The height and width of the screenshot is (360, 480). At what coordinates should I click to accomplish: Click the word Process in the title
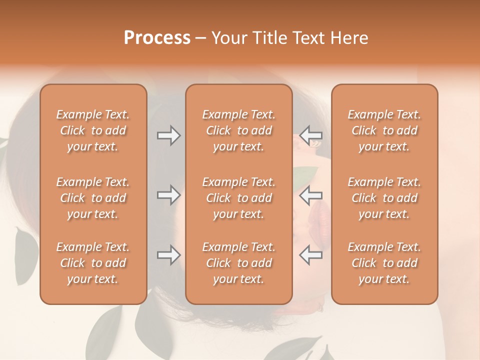coord(157,38)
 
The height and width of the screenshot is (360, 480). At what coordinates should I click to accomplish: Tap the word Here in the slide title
coord(348,38)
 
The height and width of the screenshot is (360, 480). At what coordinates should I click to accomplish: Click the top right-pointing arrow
coord(168,135)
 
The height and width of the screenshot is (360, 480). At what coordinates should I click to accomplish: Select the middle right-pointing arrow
coord(168,194)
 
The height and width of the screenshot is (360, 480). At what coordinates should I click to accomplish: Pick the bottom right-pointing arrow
coord(168,255)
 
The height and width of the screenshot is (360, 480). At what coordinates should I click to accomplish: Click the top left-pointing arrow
coord(310,135)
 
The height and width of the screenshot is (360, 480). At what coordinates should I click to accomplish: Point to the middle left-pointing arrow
coord(310,194)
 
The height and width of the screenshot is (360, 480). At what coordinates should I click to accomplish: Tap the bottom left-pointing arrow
coord(310,255)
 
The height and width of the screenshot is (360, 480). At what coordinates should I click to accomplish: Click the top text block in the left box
coord(93,130)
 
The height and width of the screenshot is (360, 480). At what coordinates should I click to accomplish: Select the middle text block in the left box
coord(93,198)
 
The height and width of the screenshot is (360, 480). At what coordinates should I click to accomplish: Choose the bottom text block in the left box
coord(93,263)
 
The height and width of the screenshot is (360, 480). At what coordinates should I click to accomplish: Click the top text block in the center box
coord(239,130)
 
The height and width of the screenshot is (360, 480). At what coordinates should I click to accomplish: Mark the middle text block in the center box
coord(239,198)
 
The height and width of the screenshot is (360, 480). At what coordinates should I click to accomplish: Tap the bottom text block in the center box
coord(239,263)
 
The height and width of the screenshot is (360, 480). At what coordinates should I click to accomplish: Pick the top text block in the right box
coord(384,130)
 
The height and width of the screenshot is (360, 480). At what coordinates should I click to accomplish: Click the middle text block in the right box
coord(384,198)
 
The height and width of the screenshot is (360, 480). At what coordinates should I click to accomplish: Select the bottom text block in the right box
coord(384,263)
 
